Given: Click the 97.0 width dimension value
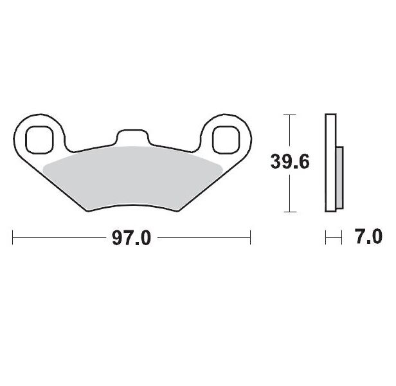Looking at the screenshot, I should tap(132, 239).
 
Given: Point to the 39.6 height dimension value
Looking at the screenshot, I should tap(290, 162).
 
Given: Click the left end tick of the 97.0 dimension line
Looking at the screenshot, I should tap(14, 239).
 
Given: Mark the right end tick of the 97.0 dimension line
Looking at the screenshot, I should tap(249, 239).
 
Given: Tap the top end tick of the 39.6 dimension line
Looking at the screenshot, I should tap(290, 115).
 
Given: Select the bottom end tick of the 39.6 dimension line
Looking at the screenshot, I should tap(290, 212).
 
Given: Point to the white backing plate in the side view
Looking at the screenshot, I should tap(330, 162).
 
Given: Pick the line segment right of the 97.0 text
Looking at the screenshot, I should tap(203, 239).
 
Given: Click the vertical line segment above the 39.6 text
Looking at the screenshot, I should tap(290, 132).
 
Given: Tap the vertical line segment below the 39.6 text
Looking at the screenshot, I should tap(290, 193).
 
